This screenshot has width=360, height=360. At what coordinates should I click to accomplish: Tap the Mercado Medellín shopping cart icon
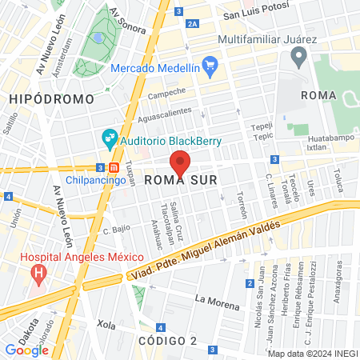pos(210,64)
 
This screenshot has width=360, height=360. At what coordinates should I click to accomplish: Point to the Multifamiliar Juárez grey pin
pos(299,56)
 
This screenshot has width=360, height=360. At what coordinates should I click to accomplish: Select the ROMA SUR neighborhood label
pos(176,181)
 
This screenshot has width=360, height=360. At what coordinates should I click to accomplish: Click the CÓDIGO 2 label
pos(167,341)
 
